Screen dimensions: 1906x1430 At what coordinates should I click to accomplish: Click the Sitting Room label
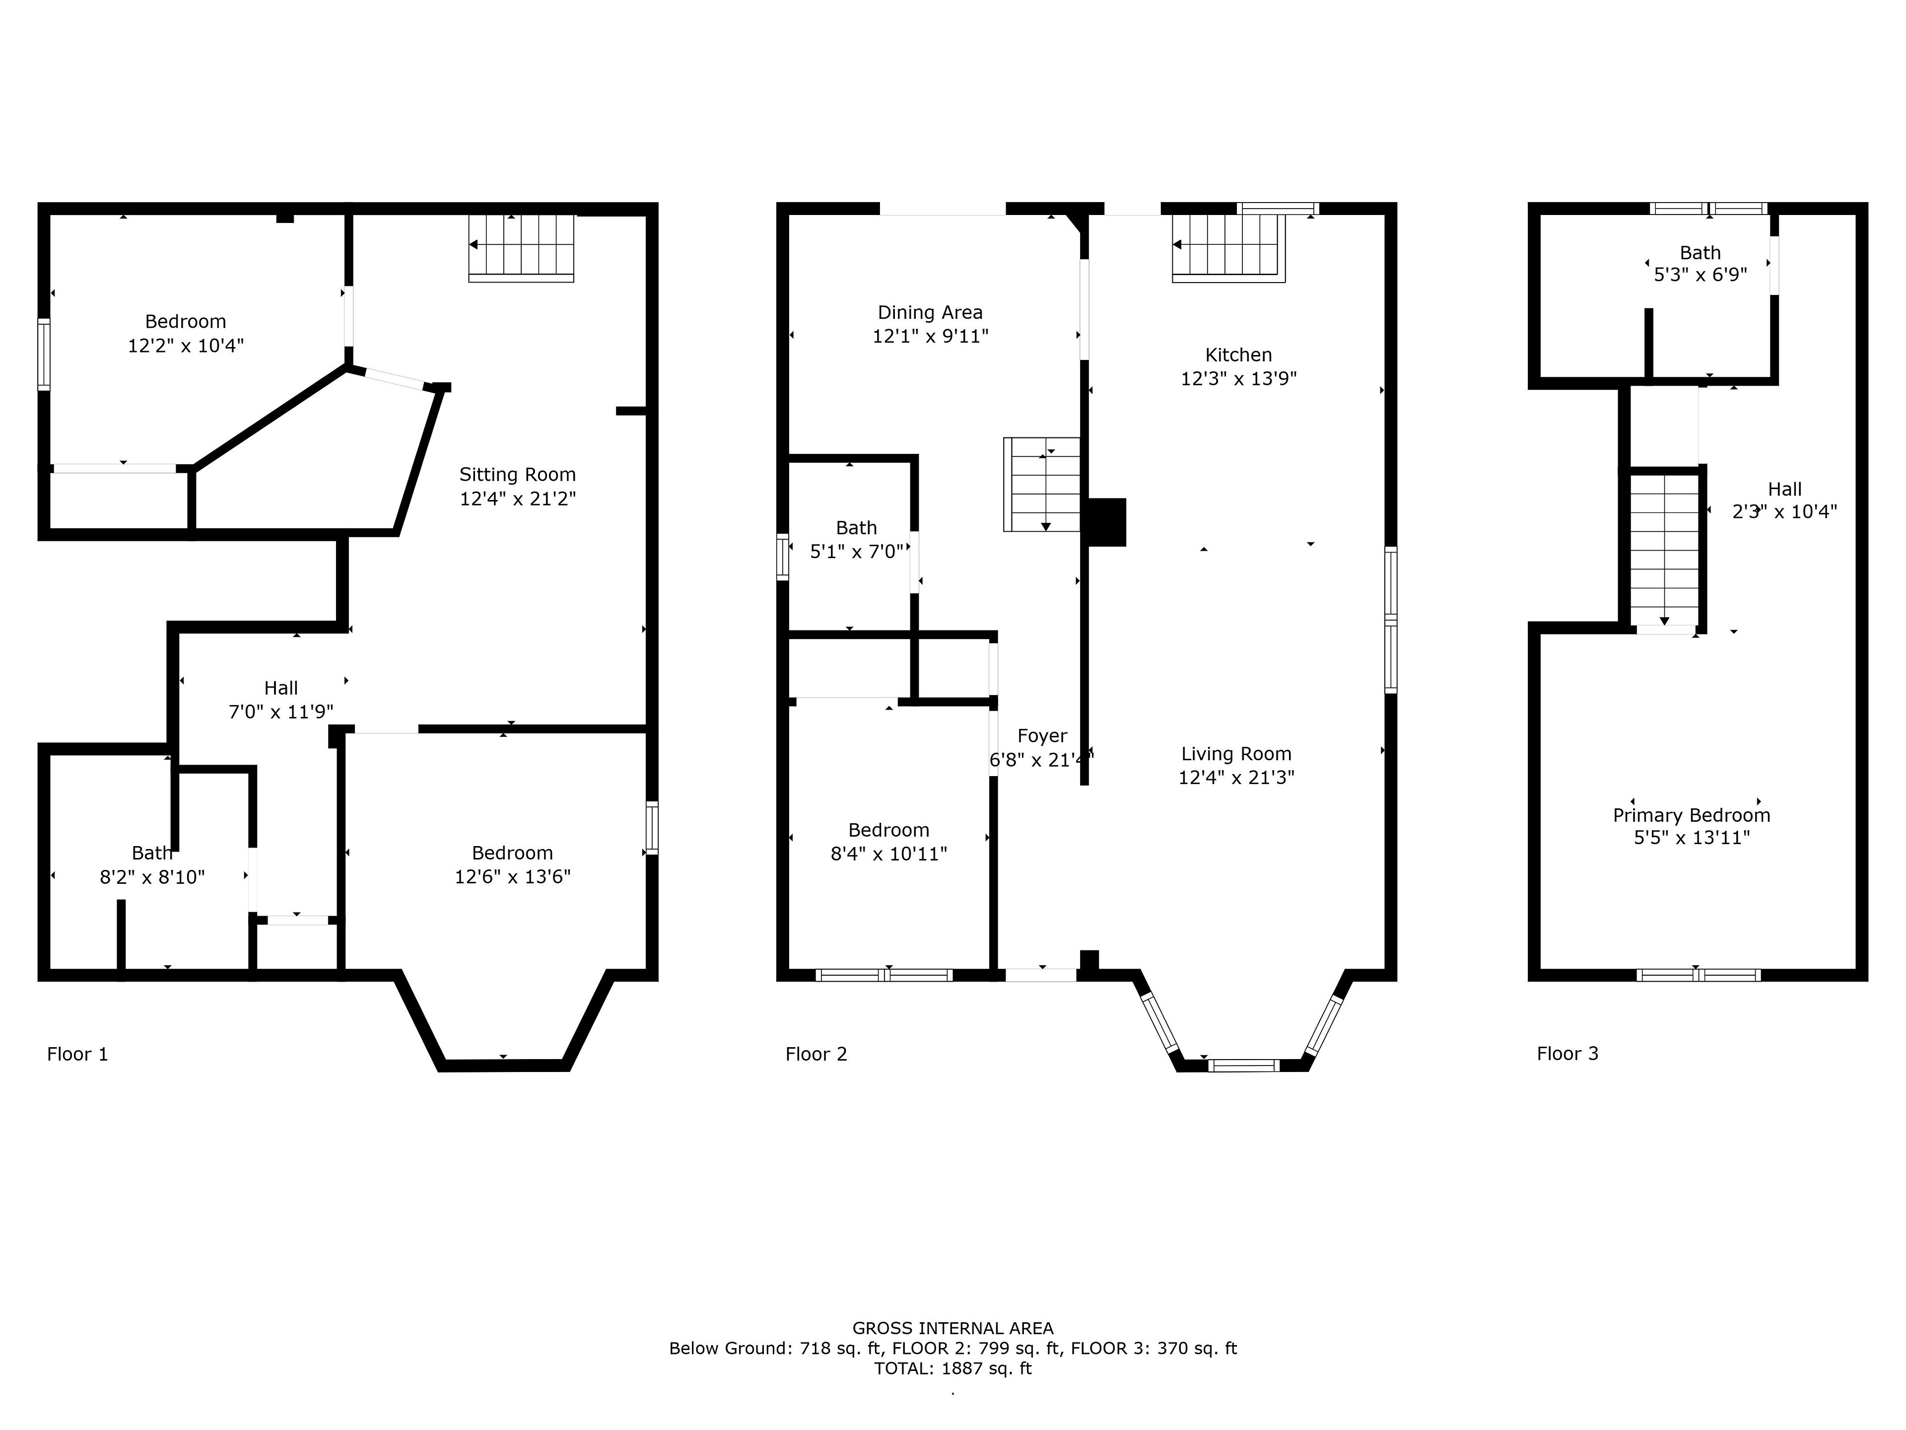click(x=517, y=474)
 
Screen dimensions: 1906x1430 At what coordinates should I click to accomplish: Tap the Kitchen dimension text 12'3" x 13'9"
click(x=1238, y=378)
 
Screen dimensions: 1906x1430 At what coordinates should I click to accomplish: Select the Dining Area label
click(x=930, y=312)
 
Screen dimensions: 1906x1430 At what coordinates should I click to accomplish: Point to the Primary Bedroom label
click(x=1692, y=815)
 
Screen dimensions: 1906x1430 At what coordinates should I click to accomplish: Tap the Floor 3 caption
click(x=1567, y=1053)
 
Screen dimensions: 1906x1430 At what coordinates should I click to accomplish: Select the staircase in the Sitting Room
click(x=521, y=247)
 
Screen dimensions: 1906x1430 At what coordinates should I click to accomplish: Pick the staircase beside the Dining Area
click(x=1042, y=484)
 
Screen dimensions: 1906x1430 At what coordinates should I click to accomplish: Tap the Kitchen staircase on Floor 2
click(x=1228, y=247)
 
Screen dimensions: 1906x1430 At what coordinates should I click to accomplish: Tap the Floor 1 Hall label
click(x=281, y=688)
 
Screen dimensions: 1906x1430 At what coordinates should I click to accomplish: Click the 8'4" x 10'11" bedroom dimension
click(x=888, y=854)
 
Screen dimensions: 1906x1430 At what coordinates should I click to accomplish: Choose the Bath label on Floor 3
click(x=1700, y=253)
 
